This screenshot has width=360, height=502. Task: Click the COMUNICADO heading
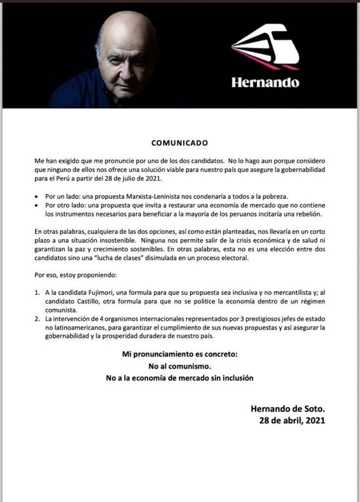click(180, 143)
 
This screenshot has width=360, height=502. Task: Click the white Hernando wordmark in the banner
click(265, 82)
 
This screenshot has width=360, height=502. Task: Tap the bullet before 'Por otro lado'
click(37, 205)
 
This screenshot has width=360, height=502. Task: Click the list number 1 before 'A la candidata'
click(37, 292)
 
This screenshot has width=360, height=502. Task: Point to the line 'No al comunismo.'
click(180, 366)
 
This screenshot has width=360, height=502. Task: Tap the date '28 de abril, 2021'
click(292, 420)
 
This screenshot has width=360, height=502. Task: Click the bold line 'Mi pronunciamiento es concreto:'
click(180, 354)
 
